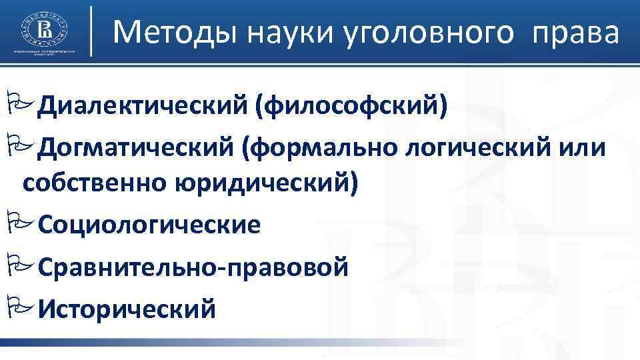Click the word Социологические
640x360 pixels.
149,225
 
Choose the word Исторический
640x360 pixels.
127,309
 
